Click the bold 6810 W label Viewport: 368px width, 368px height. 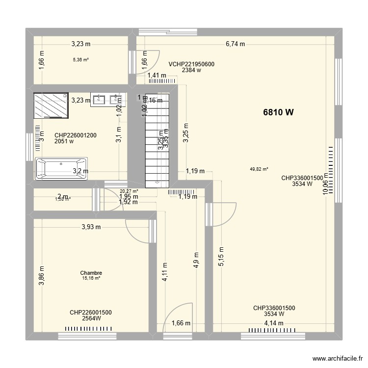278,112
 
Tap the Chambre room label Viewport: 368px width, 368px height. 91,273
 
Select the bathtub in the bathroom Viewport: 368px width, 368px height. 61,168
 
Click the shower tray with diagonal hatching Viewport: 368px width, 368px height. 52,105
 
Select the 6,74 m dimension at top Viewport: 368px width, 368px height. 235,44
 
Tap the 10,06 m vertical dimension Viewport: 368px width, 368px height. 325,187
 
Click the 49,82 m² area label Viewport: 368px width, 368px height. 259,169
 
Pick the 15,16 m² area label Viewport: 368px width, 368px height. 91,278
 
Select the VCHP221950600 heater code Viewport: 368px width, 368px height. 191,64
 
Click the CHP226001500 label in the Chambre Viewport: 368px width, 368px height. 91,312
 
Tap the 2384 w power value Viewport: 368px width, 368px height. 191,70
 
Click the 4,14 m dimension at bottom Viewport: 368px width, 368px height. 274,323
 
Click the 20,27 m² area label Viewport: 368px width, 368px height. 129,191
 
